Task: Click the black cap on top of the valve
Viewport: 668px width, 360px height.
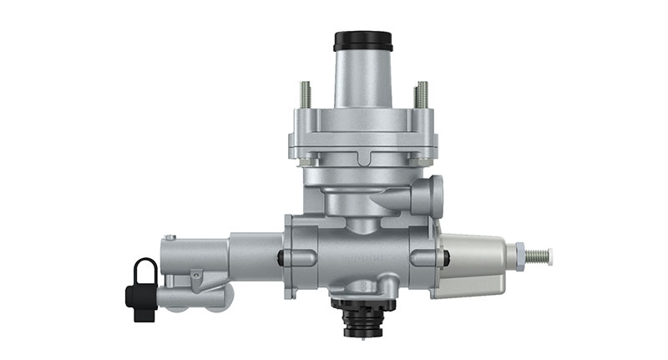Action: click(362, 40)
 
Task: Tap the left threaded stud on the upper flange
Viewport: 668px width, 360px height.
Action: click(305, 94)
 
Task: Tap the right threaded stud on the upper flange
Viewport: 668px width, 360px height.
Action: click(422, 94)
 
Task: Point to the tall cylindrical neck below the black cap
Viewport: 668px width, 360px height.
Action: click(362, 79)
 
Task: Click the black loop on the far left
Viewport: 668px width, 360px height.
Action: click(144, 271)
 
